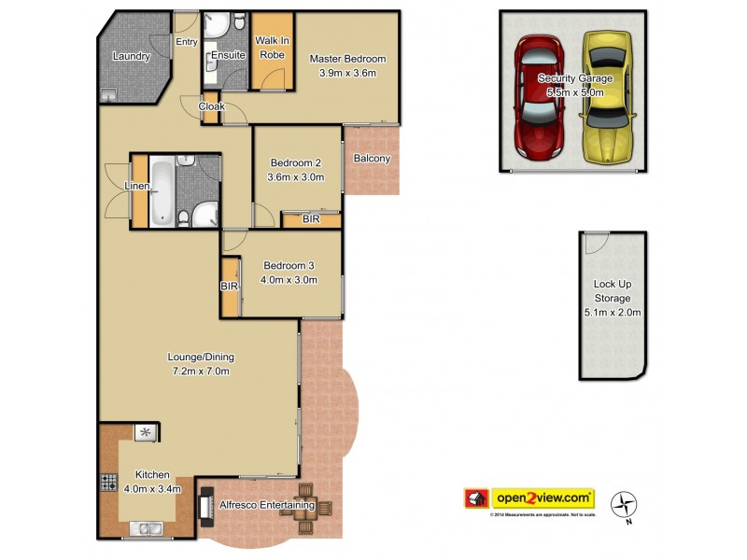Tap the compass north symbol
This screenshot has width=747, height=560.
click(623, 506)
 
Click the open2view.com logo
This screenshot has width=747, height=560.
click(529, 498)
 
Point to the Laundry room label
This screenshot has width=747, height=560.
click(131, 56)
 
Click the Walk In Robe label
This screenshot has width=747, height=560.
click(272, 49)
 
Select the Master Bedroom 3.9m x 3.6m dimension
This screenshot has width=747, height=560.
click(347, 73)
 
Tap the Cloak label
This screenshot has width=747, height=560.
click(210, 106)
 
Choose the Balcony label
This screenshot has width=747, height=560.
click(372, 159)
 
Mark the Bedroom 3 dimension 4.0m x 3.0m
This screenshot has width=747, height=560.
click(290, 279)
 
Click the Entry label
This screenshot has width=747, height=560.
click(187, 41)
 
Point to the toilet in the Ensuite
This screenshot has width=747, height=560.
click(239, 22)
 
